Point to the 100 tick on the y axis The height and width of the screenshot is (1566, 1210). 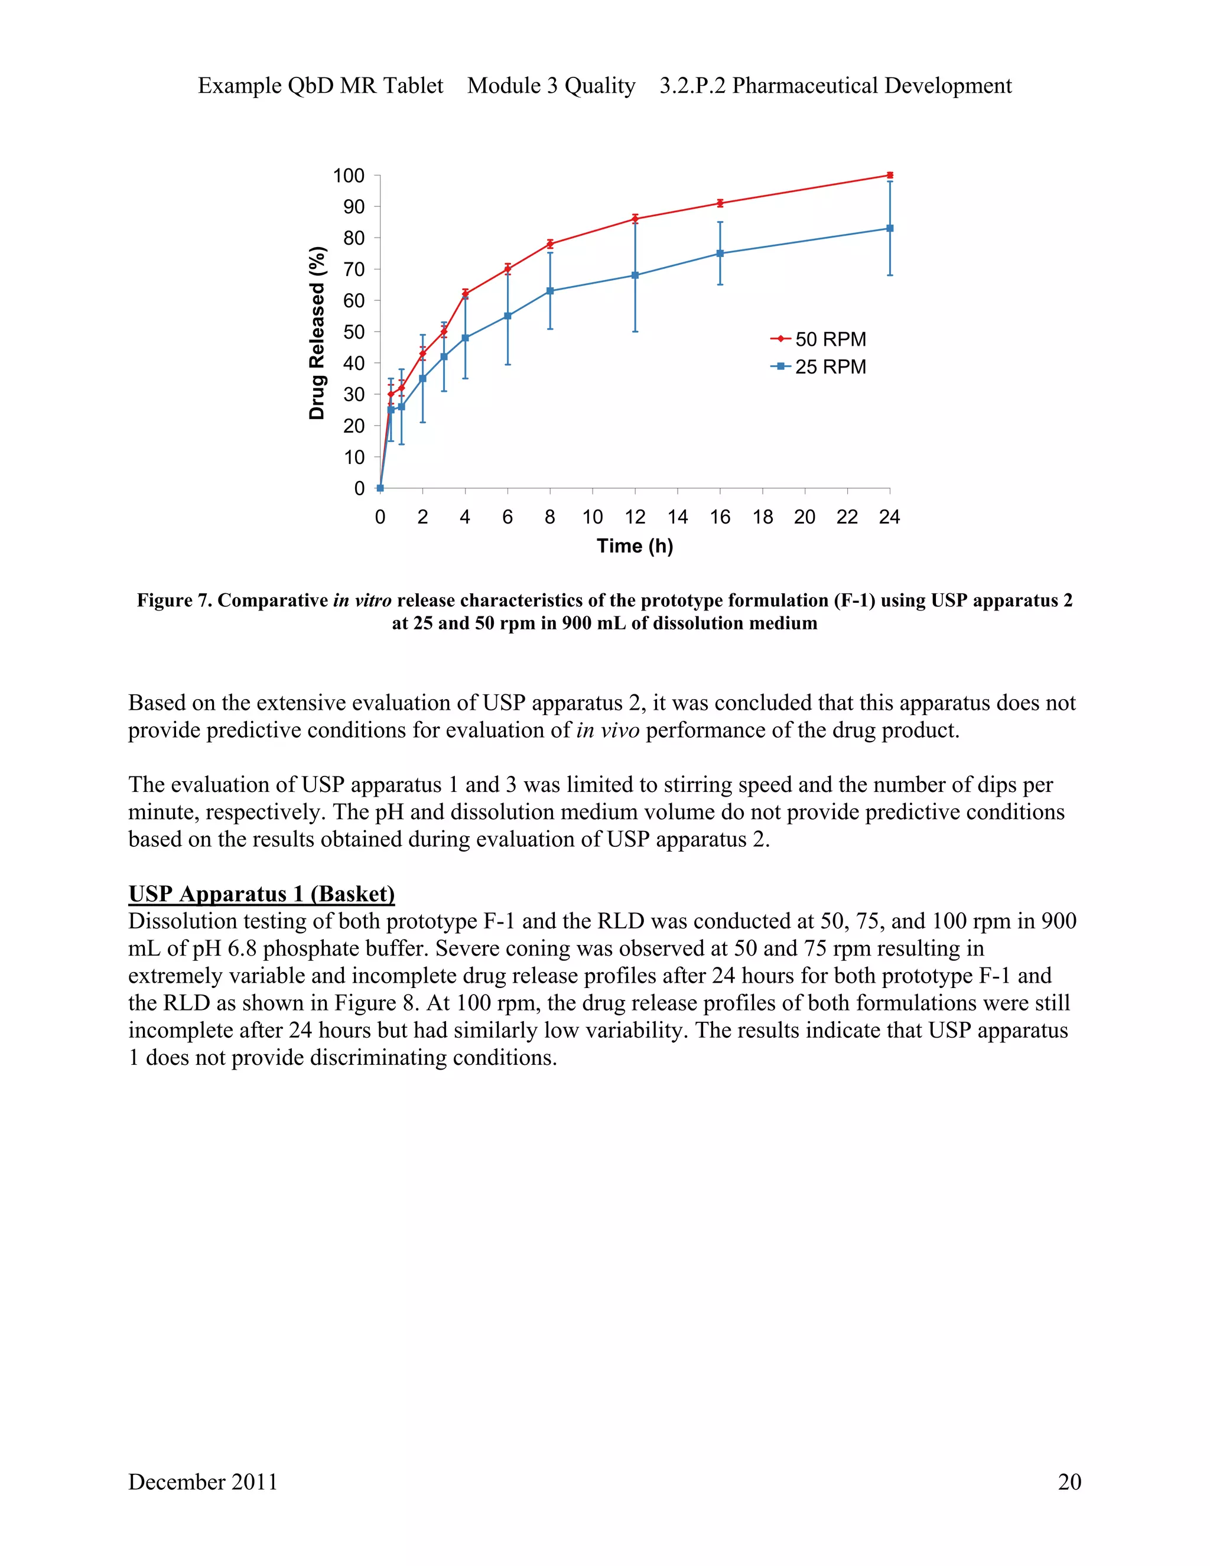(x=349, y=176)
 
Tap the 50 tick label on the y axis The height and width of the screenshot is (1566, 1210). (x=353, y=332)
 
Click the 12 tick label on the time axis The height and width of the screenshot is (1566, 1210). (x=635, y=517)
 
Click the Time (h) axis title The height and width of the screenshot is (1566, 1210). (x=635, y=547)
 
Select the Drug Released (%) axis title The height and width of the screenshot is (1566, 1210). (x=317, y=333)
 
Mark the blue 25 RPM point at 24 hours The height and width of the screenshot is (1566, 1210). (x=890, y=228)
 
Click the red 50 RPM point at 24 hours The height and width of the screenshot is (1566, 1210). (x=890, y=175)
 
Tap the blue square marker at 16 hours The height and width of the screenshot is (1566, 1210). (x=720, y=253)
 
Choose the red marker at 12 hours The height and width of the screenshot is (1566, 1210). (x=635, y=219)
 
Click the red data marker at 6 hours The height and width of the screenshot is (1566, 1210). (x=508, y=269)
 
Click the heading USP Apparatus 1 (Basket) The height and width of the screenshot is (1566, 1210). (x=262, y=894)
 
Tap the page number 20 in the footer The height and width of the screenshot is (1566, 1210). (x=1069, y=1482)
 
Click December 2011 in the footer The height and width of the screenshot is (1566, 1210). (x=203, y=1482)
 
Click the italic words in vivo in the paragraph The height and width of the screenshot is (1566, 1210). (x=607, y=730)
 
